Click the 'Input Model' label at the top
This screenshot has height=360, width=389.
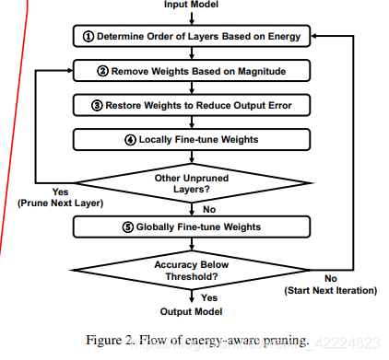191,4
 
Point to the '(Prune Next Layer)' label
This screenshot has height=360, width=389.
47,203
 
